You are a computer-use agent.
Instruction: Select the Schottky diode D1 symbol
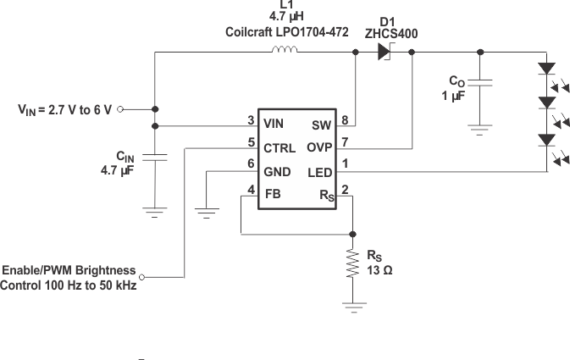click(384, 53)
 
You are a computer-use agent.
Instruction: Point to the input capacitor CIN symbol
click(155, 158)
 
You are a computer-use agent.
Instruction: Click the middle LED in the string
click(547, 102)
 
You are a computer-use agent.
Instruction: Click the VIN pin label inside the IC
click(274, 124)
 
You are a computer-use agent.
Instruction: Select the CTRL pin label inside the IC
click(279, 148)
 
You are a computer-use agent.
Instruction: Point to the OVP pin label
click(320, 147)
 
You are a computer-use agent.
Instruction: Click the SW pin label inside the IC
click(322, 124)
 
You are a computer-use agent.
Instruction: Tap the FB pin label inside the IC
click(272, 194)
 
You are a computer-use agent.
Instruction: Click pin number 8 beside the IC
click(345, 120)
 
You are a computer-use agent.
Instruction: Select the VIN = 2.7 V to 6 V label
click(64, 109)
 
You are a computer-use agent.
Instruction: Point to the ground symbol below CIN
click(155, 213)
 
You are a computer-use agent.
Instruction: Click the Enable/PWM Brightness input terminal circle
click(142, 277)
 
